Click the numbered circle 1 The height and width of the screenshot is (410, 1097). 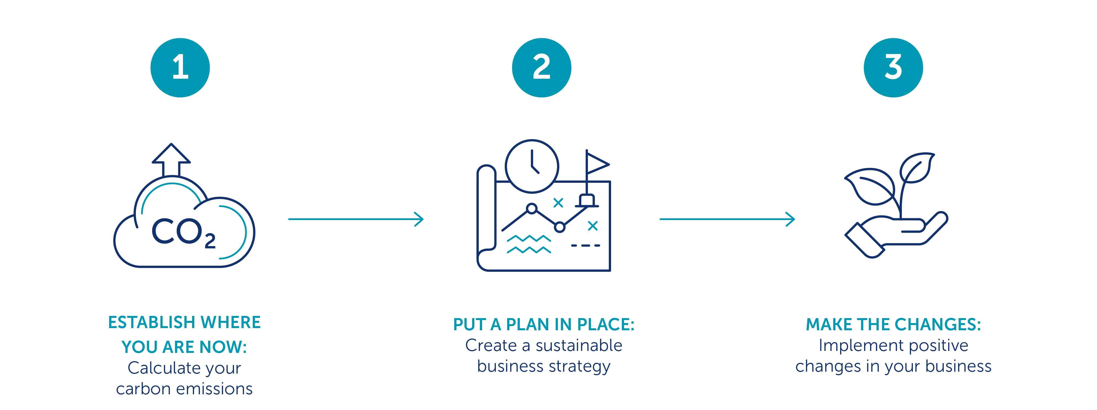180,68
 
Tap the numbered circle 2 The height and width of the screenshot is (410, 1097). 541,68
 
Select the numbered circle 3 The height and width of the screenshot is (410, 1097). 893,68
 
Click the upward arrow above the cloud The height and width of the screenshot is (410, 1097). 171,160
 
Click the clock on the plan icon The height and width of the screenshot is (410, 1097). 532,166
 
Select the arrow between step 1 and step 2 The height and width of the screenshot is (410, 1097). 356,219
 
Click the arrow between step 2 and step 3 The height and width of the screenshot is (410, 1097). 727,219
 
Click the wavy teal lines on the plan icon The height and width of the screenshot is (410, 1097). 528,244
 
